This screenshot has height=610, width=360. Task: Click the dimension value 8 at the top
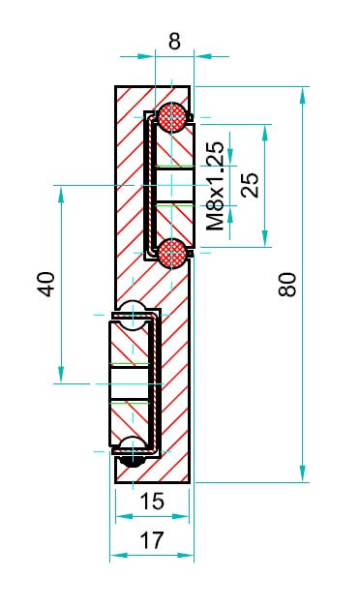click(x=174, y=42)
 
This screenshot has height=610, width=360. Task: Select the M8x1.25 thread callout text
click(x=215, y=186)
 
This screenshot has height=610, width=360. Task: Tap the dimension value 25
click(x=250, y=185)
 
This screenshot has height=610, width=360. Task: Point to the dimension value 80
click(x=287, y=285)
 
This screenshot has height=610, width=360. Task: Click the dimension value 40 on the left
click(x=46, y=285)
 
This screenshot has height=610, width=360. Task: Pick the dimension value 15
click(x=152, y=502)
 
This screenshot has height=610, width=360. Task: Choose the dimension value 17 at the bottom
click(x=152, y=540)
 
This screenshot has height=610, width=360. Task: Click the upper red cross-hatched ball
click(x=172, y=117)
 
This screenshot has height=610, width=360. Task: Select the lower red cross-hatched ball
click(x=172, y=254)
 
